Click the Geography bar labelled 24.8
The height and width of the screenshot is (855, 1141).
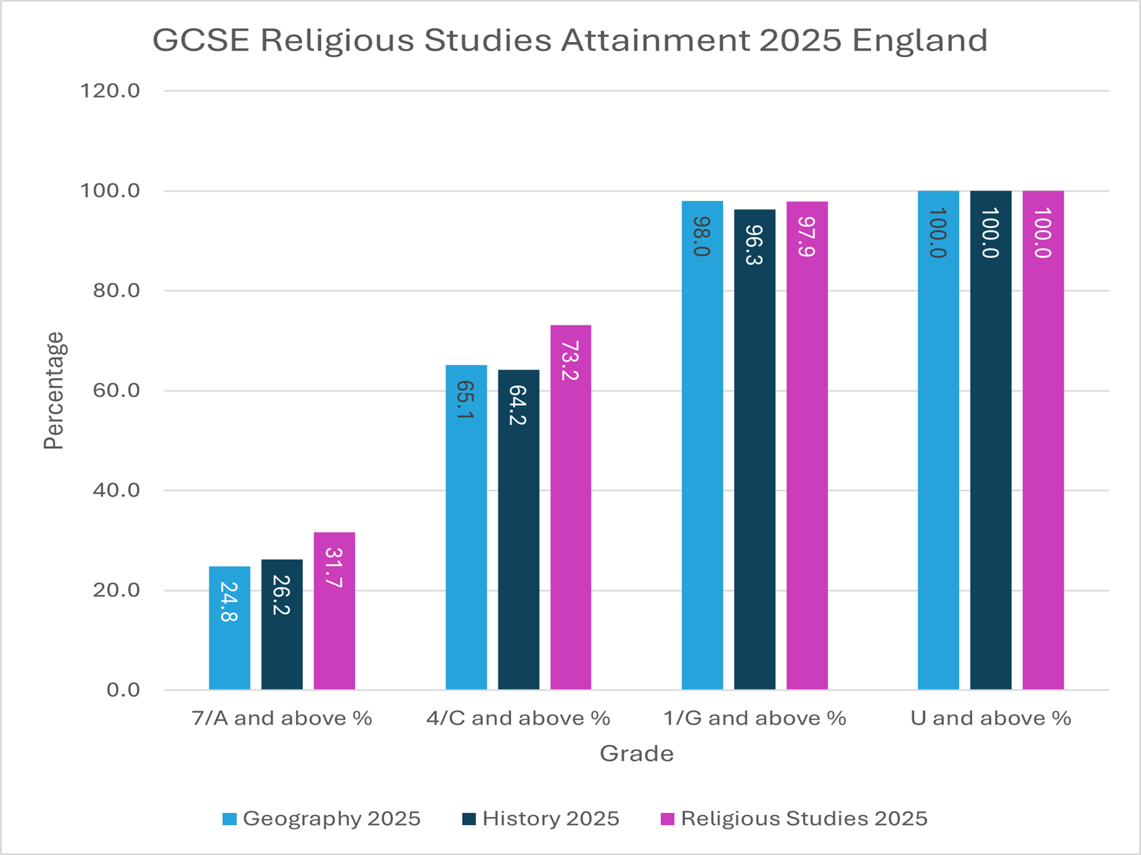click(229, 628)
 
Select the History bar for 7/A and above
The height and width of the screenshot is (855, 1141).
click(282, 624)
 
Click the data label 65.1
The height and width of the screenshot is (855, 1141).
click(465, 400)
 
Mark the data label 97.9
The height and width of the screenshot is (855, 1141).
click(807, 237)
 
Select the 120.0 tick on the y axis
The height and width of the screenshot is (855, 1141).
click(110, 90)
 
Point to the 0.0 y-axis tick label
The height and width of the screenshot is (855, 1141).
click(123, 689)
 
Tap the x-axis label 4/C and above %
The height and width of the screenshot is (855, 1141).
click(518, 718)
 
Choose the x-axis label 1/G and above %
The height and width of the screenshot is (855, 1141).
click(754, 718)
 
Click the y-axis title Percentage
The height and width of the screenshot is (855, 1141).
click(54, 390)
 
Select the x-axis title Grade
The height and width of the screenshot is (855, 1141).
click(636, 753)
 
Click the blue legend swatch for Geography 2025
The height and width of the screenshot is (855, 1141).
click(229, 819)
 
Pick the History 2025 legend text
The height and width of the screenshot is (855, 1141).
click(550, 818)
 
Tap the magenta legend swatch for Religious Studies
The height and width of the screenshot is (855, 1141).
click(667, 819)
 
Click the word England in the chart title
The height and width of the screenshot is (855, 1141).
click(920, 40)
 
